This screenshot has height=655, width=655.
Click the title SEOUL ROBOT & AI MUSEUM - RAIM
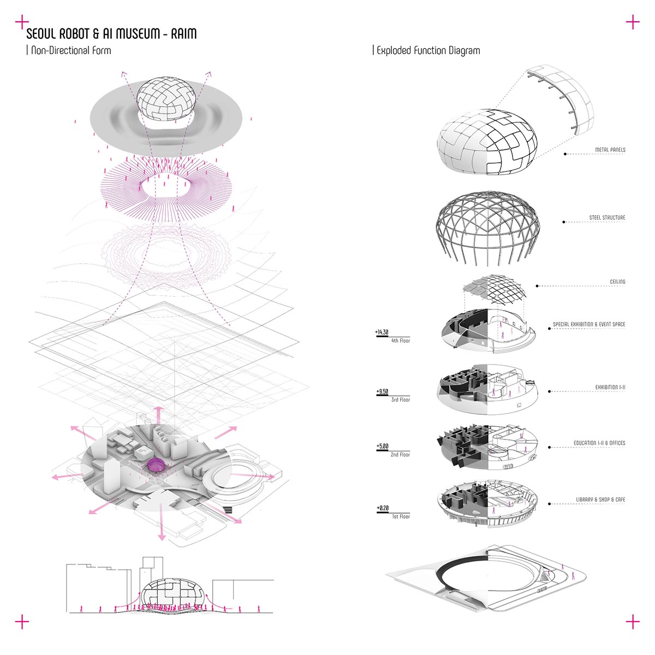tap(111, 34)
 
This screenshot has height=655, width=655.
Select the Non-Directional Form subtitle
tap(71, 51)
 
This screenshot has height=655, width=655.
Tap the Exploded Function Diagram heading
tap(428, 51)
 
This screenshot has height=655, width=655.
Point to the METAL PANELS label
tap(610, 150)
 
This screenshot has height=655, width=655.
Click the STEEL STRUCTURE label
tap(607, 217)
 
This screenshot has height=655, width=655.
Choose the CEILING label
tap(617, 282)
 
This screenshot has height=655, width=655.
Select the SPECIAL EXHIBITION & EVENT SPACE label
tap(589, 324)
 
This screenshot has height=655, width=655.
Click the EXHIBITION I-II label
tap(610, 387)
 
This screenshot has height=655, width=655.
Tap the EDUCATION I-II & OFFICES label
tap(599, 443)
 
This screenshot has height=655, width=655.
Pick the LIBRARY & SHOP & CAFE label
tap(600, 499)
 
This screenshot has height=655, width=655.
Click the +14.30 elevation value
tap(382, 332)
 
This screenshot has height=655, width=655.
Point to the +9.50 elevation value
tap(382, 391)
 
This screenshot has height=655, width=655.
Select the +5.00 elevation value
tap(382, 446)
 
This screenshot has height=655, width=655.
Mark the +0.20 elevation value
tap(383, 508)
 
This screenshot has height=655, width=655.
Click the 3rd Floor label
tap(401, 400)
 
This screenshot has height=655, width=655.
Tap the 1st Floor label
tap(401, 517)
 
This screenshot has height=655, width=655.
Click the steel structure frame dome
tap(487, 228)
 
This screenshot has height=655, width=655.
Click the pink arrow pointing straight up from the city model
tap(159, 415)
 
